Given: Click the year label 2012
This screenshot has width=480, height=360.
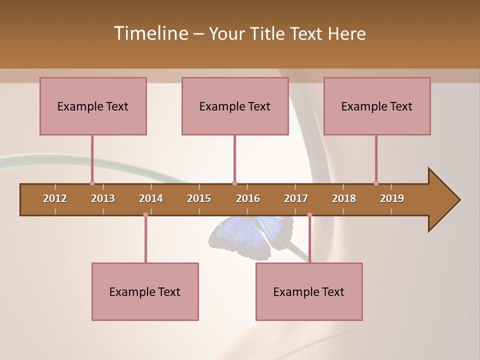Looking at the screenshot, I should [x=55, y=198].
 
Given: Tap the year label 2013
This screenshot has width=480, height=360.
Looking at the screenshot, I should [x=103, y=198].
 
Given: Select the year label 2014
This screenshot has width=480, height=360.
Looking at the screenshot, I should [x=151, y=198].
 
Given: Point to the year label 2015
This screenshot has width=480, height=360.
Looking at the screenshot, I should [x=199, y=198].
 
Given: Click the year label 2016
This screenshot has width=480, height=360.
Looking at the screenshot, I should [x=248, y=198].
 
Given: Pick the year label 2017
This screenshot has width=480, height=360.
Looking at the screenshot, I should [x=296, y=198].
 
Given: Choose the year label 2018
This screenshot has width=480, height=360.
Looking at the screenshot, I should [x=344, y=198].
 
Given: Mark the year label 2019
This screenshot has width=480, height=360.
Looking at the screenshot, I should [x=392, y=198].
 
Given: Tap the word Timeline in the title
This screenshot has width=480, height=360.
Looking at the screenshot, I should [x=150, y=33].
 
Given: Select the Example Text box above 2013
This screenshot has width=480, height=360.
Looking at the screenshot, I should [x=93, y=106].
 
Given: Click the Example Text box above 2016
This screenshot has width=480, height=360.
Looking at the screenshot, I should [x=235, y=106].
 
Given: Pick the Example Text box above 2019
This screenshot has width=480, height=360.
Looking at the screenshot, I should [x=377, y=106].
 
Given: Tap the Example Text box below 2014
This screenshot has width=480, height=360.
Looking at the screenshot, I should [x=145, y=291].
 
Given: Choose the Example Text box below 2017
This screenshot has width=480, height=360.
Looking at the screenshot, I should [x=309, y=291].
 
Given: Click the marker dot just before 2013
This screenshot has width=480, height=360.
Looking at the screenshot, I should [x=92, y=183].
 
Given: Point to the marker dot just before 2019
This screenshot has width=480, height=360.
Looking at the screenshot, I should [x=376, y=183].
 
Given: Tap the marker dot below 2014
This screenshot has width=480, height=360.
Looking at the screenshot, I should [x=145, y=215].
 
